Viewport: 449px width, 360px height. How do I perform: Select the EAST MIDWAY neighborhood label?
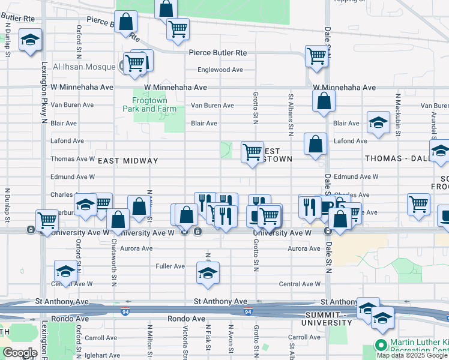128,161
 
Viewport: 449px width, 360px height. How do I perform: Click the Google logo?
20,353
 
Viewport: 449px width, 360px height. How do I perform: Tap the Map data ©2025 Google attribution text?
412,355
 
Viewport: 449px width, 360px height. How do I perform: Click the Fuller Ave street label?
170,266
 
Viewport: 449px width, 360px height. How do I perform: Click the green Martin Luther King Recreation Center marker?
380,345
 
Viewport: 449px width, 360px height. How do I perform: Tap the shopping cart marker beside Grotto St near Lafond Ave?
252,152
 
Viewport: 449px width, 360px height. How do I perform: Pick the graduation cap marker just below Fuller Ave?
207,273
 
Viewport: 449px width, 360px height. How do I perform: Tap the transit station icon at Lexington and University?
30,230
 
